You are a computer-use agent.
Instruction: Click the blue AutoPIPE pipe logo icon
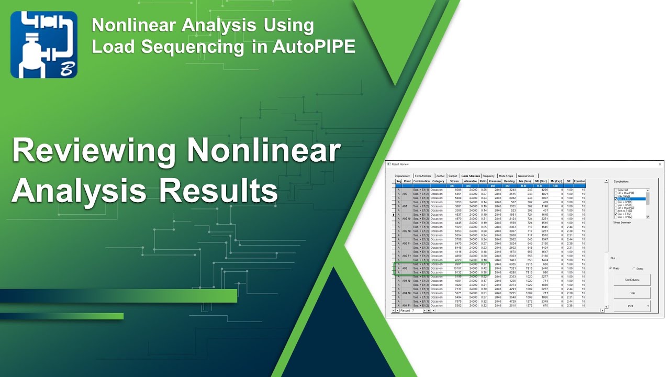tap(44, 45)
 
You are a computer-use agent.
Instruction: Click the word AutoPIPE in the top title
tap(314, 46)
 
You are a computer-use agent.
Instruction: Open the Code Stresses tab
tap(471, 176)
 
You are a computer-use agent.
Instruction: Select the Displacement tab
tap(402, 176)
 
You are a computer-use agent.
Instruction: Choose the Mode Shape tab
tap(506, 176)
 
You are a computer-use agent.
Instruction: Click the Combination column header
tap(421, 181)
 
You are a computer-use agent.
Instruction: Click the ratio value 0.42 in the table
tap(484, 269)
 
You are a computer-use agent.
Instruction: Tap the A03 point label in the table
tap(405, 269)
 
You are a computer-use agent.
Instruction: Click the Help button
tap(632, 293)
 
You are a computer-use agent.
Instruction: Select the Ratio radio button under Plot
tap(611, 269)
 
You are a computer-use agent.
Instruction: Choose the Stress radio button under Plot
tap(634, 269)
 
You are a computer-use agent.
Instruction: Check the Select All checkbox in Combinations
tap(616, 190)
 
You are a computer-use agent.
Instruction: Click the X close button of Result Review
tap(660, 164)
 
